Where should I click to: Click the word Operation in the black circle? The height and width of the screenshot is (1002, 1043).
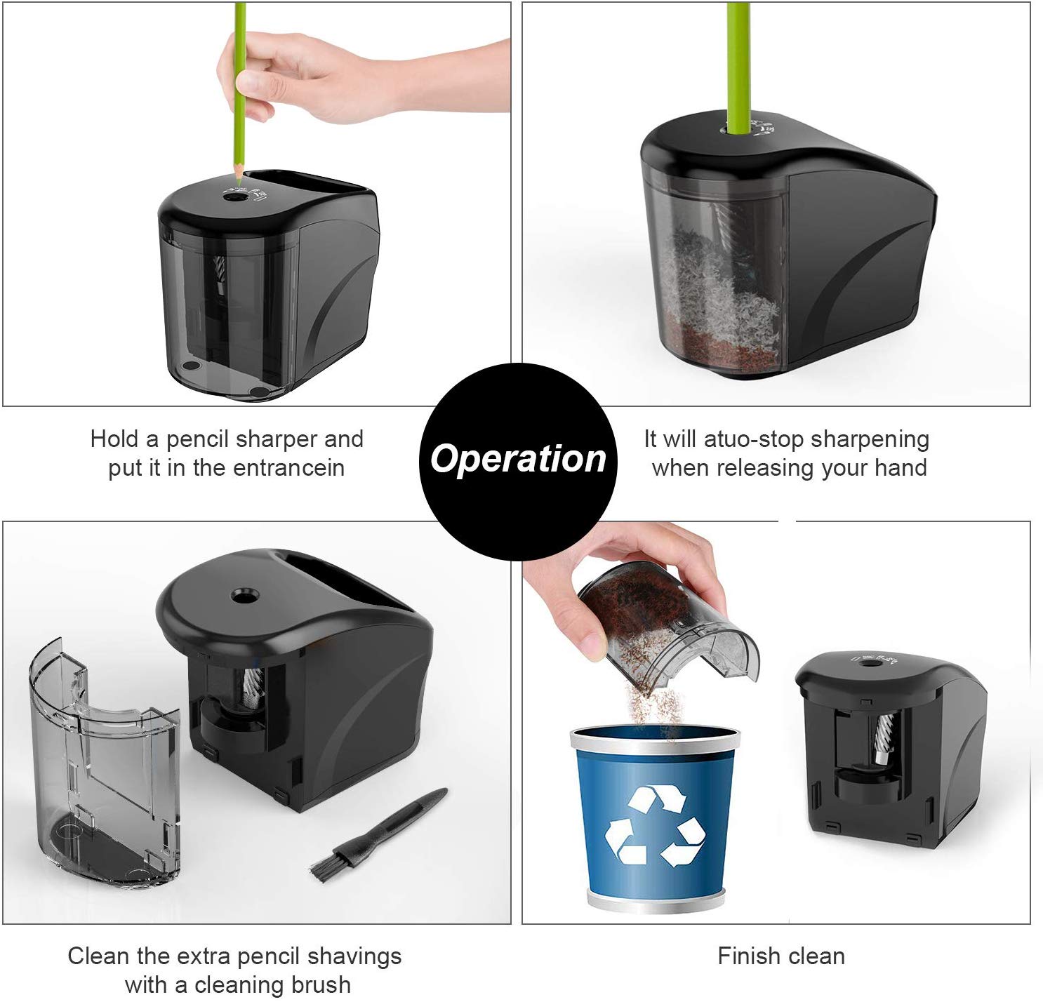click(518, 459)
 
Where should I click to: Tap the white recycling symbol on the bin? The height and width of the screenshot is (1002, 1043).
click(654, 826)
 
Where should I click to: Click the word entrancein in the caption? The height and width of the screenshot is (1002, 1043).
click(288, 468)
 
